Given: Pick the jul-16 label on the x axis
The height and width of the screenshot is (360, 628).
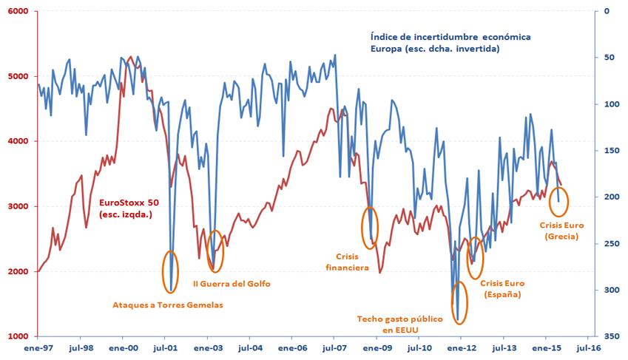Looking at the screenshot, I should click(589, 347).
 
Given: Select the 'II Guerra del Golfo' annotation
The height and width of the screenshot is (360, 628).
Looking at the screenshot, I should click(232, 283).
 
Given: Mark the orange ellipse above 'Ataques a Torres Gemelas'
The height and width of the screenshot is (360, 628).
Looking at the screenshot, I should click(171, 271).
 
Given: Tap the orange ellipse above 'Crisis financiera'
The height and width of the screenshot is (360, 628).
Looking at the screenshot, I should click(370, 226).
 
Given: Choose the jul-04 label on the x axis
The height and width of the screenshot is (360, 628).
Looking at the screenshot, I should click(250, 347).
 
